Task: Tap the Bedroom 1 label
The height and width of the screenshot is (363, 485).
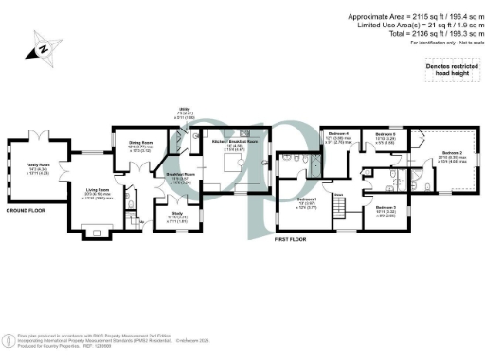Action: click(x=307, y=201)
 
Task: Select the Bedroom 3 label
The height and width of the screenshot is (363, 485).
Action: click(x=386, y=208)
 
